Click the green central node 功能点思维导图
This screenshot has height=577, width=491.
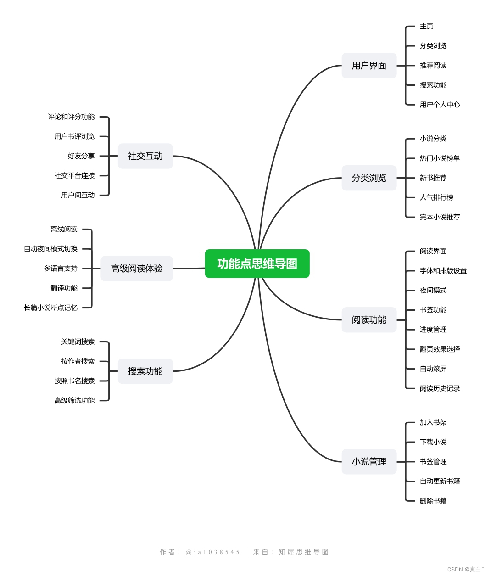coord(257,264)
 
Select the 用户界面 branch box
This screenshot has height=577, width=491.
coord(369,66)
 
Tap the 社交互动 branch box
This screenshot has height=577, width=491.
coord(145,156)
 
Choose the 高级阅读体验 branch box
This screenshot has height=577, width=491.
coord(137,269)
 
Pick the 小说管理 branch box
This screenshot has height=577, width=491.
coord(369,462)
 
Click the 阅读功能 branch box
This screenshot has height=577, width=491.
coord(369,320)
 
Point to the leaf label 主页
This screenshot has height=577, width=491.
coord(426,27)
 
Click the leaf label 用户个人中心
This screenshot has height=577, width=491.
coord(440,105)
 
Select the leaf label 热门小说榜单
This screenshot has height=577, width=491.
coord(440,158)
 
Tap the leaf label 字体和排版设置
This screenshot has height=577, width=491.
coord(443,271)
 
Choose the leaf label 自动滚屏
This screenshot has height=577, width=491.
coord(433,369)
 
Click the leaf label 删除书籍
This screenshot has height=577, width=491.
coord(433,501)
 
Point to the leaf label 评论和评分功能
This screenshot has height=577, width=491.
coord(71,117)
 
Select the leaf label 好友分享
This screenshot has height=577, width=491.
coord(81,156)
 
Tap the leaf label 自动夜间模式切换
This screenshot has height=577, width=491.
coord(51,249)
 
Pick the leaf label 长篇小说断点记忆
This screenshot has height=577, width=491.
coord(51,308)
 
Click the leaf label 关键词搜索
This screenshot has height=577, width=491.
coord(78,342)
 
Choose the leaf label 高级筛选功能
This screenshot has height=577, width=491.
coord(74,401)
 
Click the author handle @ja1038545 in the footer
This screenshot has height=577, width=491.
coord(212,552)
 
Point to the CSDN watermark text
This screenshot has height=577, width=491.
coord(465,570)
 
